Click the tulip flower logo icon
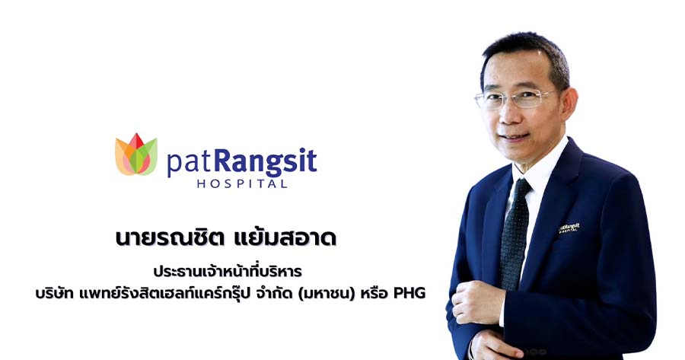pyautogui.click(x=136, y=155)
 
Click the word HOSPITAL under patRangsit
pyautogui.click(x=242, y=183)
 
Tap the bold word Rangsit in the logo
pyautogui.click(x=265, y=161)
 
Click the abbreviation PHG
pyautogui.click(x=409, y=293)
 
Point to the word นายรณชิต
pyautogui.click(x=170, y=238)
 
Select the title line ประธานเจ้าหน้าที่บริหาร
pyautogui.click(x=228, y=271)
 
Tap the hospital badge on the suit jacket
pyautogui.click(x=569, y=228)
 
